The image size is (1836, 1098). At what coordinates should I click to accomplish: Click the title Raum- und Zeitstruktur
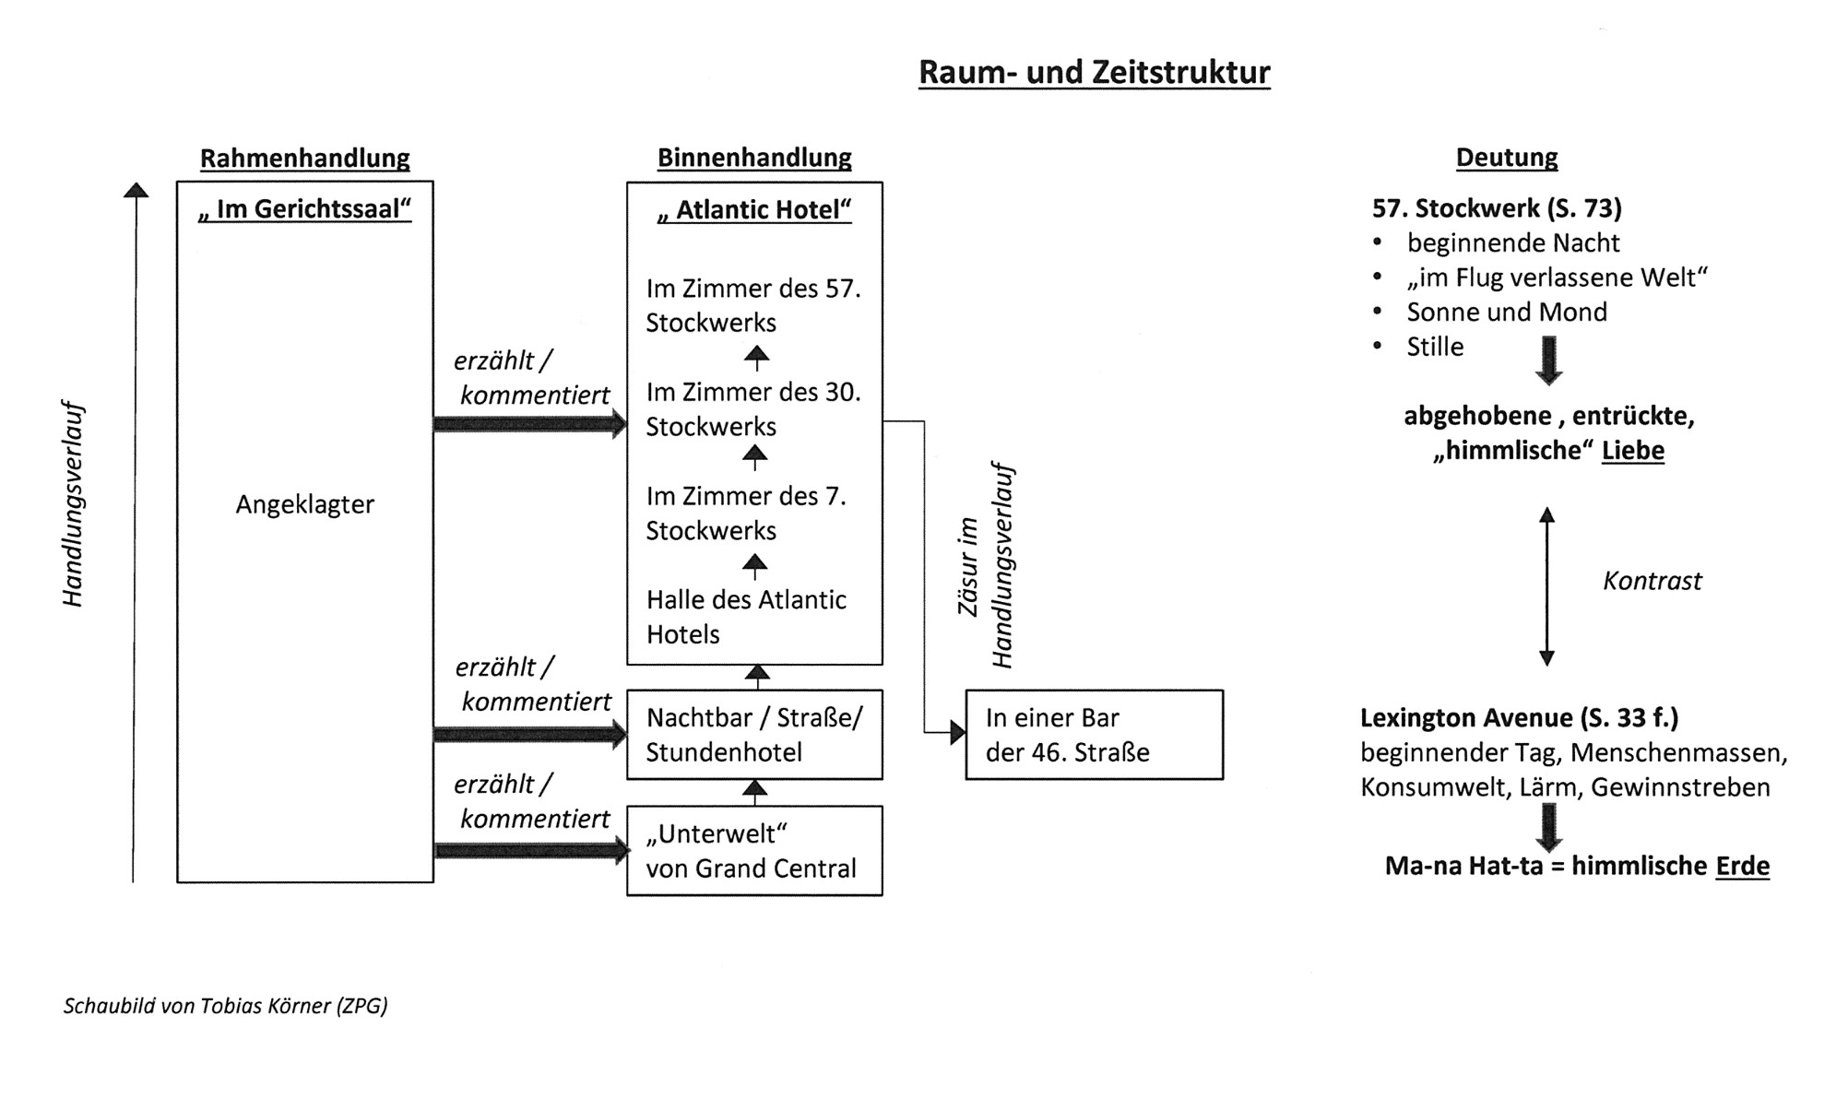[1094, 72]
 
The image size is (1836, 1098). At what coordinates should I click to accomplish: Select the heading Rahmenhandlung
[304, 158]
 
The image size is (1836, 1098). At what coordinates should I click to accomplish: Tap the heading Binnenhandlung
[753, 158]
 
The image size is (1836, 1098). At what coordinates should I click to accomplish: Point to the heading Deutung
[1506, 158]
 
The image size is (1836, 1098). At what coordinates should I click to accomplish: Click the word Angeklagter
[304, 504]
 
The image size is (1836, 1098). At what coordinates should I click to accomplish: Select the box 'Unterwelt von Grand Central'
[753, 851]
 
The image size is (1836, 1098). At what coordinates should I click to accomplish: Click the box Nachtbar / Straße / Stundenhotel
[753, 735]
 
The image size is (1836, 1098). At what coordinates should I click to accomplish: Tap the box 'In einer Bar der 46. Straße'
[1094, 735]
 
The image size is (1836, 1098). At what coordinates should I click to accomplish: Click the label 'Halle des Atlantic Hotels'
[745, 617]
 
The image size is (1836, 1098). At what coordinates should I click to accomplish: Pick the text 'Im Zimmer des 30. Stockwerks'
[752, 409]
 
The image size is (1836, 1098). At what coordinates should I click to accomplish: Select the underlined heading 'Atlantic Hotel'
[753, 210]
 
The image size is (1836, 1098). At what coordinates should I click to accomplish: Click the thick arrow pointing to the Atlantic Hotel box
[529, 424]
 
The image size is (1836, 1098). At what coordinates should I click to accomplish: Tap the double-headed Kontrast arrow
[1546, 585]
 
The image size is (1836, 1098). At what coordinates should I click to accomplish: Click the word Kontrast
[1652, 581]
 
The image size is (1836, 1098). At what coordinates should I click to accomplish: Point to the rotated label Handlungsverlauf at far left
[72, 504]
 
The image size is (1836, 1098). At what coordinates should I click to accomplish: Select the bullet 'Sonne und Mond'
[1506, 312]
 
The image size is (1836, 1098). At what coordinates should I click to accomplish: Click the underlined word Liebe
[1632, 451]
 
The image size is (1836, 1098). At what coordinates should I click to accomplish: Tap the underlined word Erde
[1742, 867]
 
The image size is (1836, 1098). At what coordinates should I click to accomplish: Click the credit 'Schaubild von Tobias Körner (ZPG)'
[225, 1006]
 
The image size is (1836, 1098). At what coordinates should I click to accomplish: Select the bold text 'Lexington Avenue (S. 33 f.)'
[1519, 717]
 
